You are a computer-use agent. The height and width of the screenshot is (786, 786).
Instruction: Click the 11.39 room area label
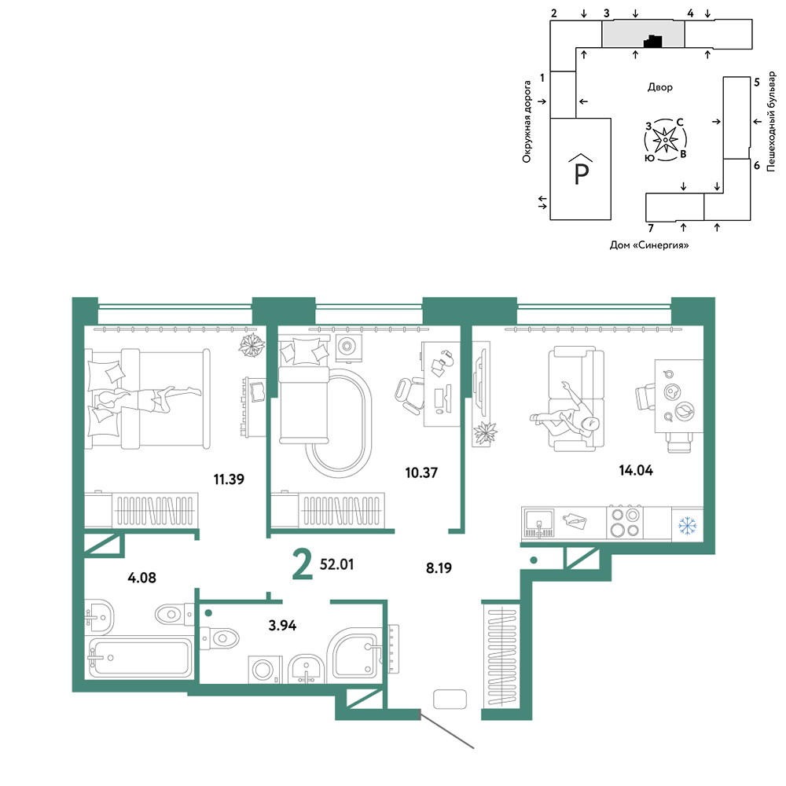tap(229, 479)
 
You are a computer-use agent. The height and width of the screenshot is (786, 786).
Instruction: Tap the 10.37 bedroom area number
tap(421, 472)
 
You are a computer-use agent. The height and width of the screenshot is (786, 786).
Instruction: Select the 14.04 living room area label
tap(636, 470)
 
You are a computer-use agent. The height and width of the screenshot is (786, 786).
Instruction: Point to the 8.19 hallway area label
tap(439, 568)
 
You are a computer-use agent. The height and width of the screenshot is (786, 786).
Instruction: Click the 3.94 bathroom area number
tap(282, 626)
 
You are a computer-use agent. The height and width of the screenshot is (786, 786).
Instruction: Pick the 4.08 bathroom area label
tap(141, 578)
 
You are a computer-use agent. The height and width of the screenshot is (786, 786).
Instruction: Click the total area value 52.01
tap(337, 564)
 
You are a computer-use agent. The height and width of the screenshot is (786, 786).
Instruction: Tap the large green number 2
tap(303, 564)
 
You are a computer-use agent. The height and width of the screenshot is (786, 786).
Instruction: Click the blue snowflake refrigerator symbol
tap(687, 526)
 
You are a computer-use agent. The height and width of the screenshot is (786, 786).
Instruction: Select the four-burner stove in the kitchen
tap(625, 523)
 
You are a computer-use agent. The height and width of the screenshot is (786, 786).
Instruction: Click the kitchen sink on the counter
tap(539, 522)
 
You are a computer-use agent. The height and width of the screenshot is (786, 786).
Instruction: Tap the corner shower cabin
tap(355, 654)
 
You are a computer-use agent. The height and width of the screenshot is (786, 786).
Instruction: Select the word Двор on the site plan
tap(659, 87)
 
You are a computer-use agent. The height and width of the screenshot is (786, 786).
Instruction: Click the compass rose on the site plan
tap(665, 140)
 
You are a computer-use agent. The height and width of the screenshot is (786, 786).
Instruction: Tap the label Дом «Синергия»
tap(648, 245)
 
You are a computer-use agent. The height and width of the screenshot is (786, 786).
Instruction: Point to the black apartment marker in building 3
tap(652, 42)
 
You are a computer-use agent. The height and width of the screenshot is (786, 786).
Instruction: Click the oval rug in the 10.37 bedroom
tap(338, 424)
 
